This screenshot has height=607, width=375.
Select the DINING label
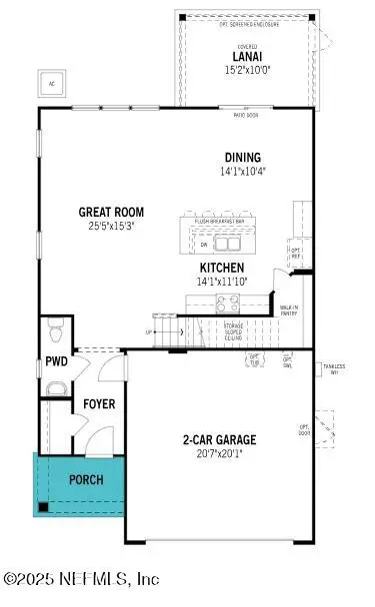coord(242,158)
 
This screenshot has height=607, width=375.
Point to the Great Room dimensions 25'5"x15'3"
coord(112,226)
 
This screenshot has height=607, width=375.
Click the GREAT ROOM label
coord(112,212)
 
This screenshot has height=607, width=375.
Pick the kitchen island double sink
coord(227,243)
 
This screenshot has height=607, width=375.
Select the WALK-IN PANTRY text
coord(289,310)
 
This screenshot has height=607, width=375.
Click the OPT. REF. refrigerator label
coord(295,251)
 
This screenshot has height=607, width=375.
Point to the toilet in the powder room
coord(56,329)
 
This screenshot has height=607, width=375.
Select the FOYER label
coord(98,404)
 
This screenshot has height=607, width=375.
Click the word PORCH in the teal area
coord(85,479)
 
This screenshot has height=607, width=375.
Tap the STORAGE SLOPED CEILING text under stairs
coord(234,330)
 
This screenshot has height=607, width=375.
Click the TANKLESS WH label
coord(334,369)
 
